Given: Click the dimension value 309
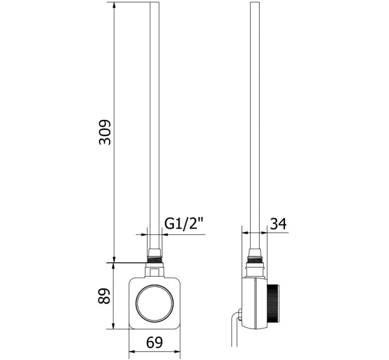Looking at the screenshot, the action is tap(105, 132).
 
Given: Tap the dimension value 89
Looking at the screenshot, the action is tap(104, 296).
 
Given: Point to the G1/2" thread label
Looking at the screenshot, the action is tap(184, 224).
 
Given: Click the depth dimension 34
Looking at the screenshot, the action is tap(278, 223).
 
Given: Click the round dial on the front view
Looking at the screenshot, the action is tap(154, 303).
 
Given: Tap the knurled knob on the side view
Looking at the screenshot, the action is tap(273, 304).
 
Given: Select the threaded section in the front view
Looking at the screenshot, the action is tap(154, 260).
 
